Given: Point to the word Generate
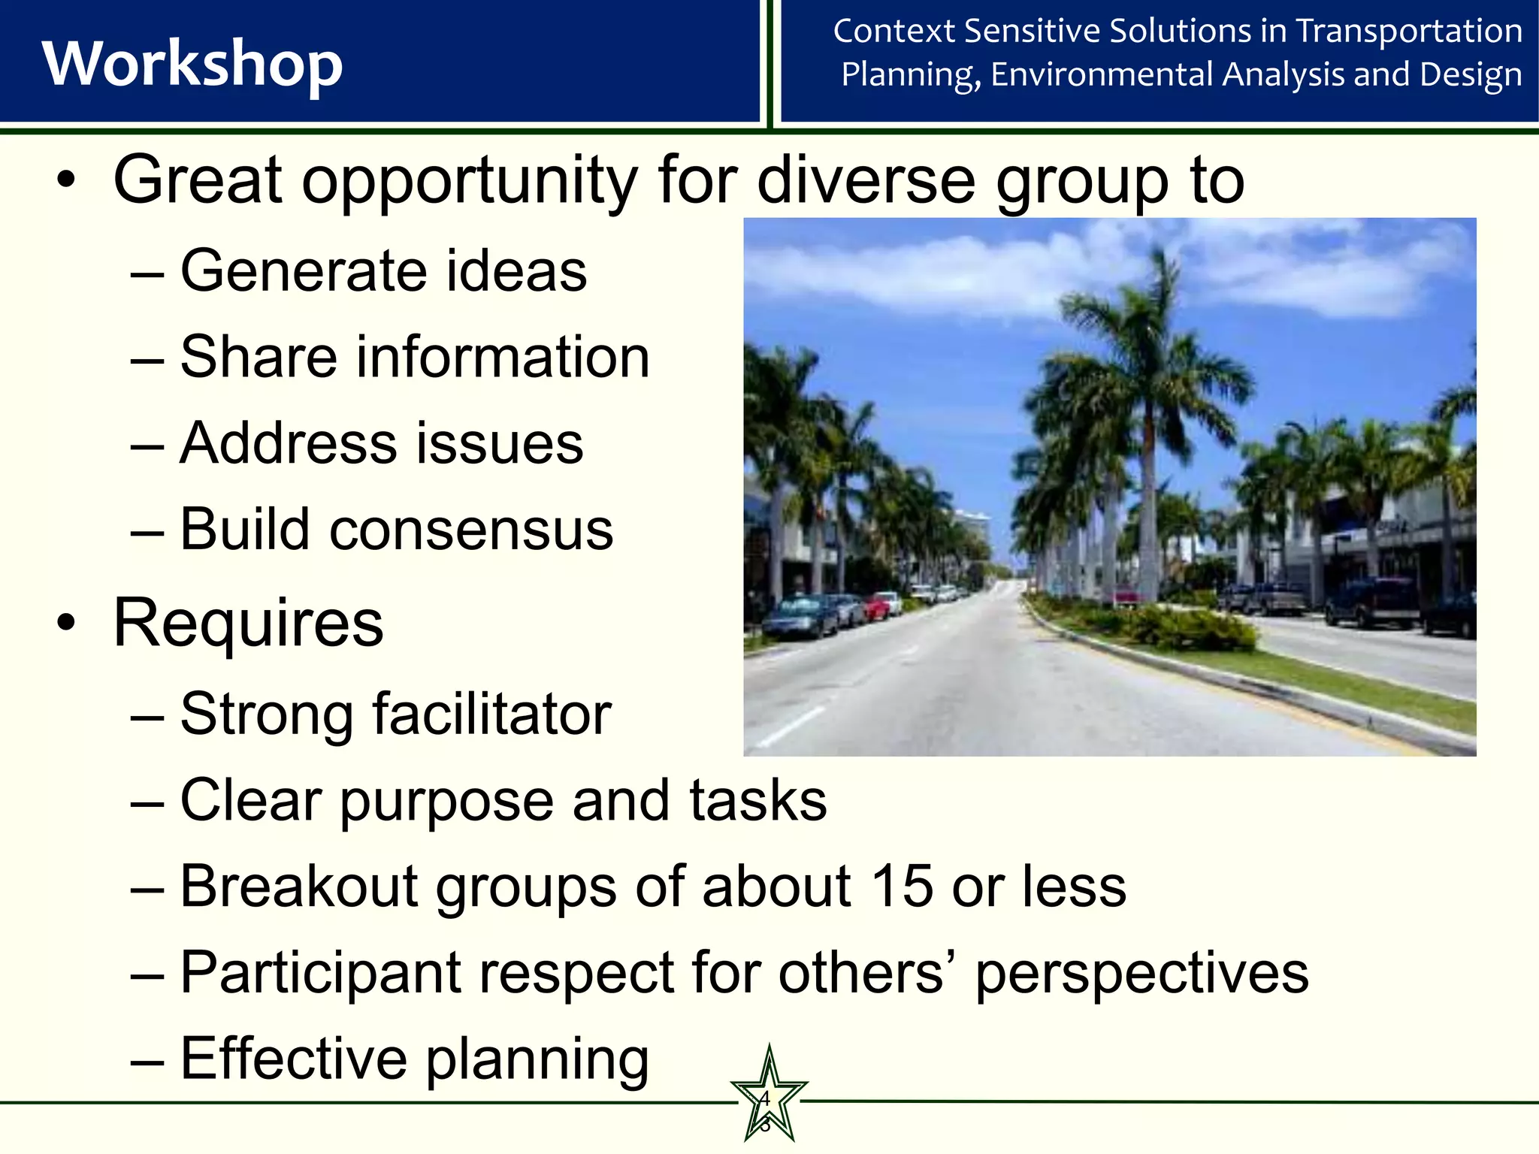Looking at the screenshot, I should pos(302,271).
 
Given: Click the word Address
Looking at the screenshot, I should pos(288,443).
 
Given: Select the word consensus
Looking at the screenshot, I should pos(471,530).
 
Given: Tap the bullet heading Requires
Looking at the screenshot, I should pos(248,624).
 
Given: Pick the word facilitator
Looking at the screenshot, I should pos(491,714).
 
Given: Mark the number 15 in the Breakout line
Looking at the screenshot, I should pos(900,887).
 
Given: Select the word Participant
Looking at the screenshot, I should pos(320,973).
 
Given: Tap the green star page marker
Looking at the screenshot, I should pos(768,1101).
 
